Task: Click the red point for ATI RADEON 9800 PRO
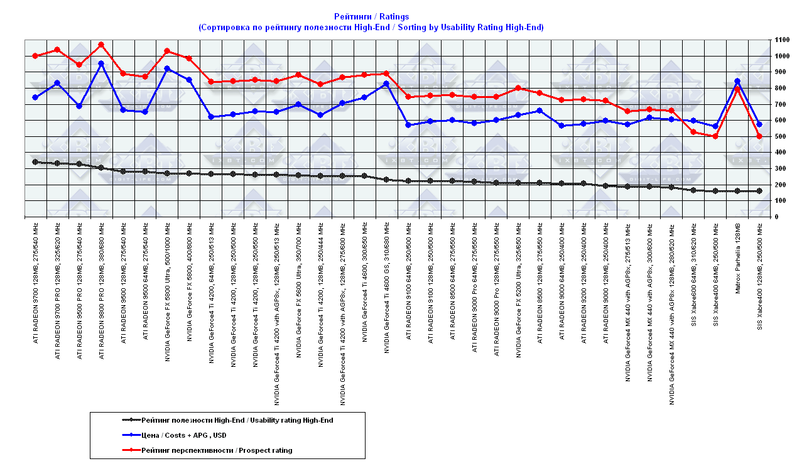point(101,45)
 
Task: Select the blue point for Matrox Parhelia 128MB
point(737,81)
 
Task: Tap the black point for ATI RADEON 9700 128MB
point(35,161)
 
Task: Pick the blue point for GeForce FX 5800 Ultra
point(167,68)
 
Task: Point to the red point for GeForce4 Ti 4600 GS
point(386,73)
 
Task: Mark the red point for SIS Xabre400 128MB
point(759,136)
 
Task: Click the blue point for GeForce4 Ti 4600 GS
point(386,84)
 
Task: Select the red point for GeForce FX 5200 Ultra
point(518,88)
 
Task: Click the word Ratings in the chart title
point(394,16)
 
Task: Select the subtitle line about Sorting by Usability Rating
point(370,27)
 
